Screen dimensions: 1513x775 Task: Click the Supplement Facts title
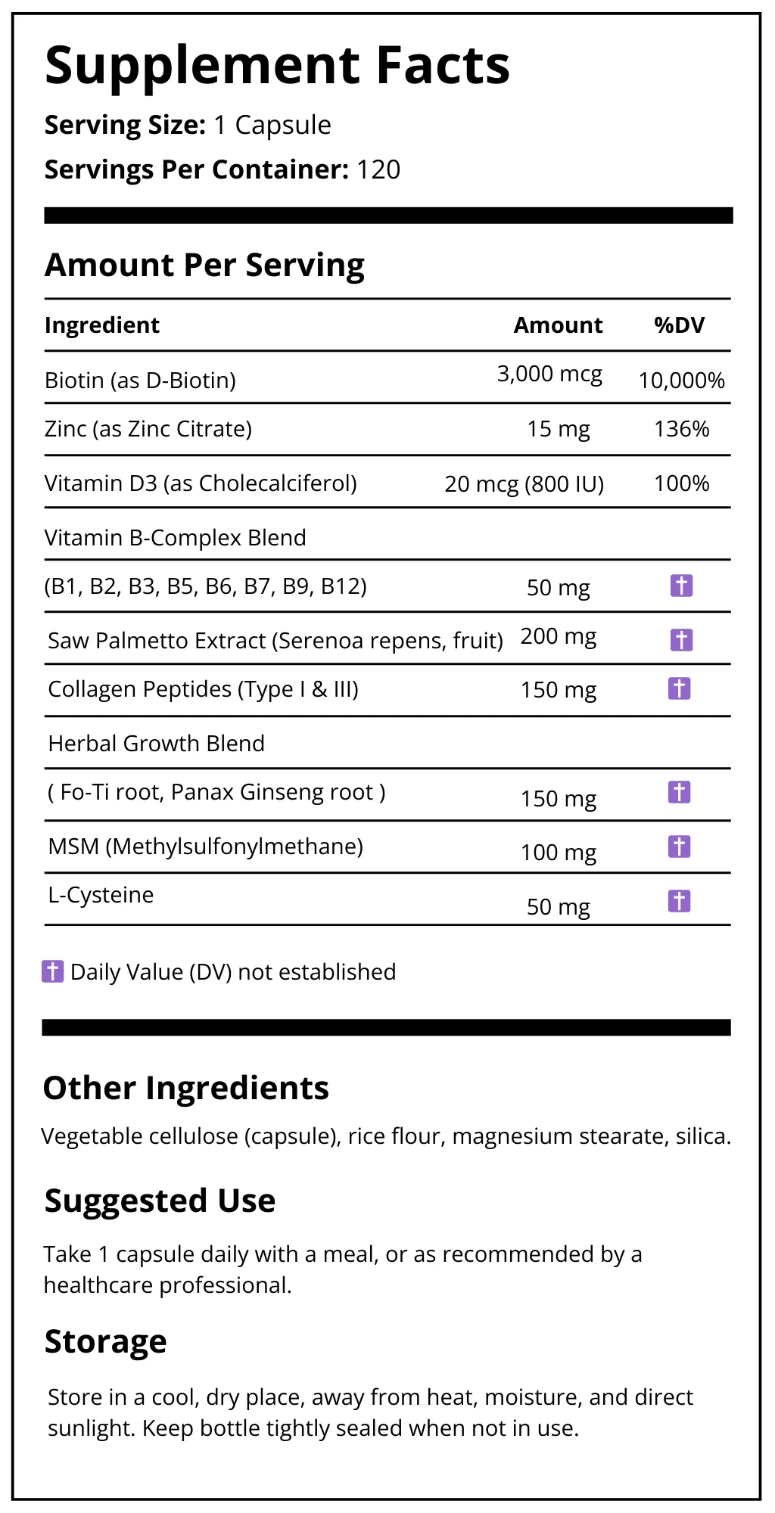[x=277, y=66]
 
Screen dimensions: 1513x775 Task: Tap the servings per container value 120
[x=378, y=170]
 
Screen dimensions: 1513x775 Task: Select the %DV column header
[x=679, y=325]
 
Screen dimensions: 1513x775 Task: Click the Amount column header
[x=558, y=325]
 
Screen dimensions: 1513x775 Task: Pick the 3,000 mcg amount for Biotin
[x=549, y=374]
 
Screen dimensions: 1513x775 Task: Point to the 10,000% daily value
[x=681, y=381]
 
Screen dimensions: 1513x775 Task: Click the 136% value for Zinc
[x=681, y=429]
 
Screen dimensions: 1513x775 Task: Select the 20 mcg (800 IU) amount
[x=524, y=483]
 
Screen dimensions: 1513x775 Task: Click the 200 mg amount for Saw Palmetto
[x=558, y=636]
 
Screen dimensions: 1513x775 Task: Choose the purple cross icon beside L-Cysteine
[x=680, y=901]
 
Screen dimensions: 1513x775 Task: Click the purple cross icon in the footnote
[x=52, y=971]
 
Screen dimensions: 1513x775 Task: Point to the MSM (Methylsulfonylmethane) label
[x=205, y=847]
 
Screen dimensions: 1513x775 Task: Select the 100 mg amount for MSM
[x=558, y=853]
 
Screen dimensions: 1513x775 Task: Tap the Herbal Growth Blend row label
[x=156, y=744]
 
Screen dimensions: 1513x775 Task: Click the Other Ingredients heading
[x=185, y=1088]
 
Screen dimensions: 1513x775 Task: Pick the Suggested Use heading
[x=160, y=1201]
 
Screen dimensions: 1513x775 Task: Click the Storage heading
[x=105, y=1341]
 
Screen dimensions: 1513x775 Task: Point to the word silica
[x=702, y=1136]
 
